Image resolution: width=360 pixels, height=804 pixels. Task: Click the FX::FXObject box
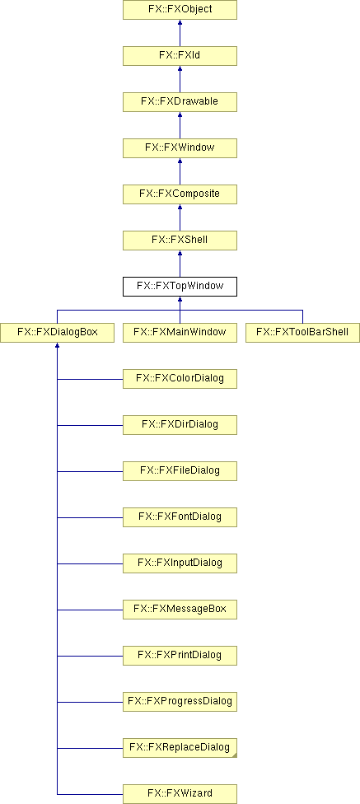click(x=180, y=10)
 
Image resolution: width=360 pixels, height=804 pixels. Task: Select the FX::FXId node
click(x=180, y=56)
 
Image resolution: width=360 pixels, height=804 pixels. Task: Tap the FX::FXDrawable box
click(x=180, y=102)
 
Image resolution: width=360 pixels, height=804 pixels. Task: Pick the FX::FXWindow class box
click(x=180, y=148)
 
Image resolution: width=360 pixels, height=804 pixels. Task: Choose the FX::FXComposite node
click(x=180, y=194)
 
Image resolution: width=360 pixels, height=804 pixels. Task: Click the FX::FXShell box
click(x=180, y=241)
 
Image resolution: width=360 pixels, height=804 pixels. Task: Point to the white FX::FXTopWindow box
click(x=180, y=287)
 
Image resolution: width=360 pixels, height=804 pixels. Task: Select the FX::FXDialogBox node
click(x=57, y=333)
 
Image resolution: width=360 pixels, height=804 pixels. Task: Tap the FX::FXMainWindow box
click(x=180, y=333)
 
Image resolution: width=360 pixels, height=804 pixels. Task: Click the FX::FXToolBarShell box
click(x=302, y=333)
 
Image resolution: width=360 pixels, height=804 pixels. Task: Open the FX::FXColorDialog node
click(x=180, y=379)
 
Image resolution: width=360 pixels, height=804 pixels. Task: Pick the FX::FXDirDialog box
click(x=180, y=425)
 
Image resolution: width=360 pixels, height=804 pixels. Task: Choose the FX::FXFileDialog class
click(x=180, y=471)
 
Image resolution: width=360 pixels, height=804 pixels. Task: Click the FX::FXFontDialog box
click(x=180, y=517)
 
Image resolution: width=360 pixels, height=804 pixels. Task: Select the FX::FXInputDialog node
click(x=180, y=563)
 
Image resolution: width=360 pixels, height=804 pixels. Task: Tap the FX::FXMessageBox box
click(x=180, y=610)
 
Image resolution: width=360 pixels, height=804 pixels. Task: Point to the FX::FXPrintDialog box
click(x=180, y=656)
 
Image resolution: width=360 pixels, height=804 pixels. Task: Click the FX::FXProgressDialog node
click(x=180, y=702)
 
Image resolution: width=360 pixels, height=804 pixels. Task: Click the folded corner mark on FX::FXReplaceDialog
click(x=234, y=755)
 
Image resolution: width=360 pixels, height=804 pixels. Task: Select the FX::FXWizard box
click(x=180, y=794)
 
